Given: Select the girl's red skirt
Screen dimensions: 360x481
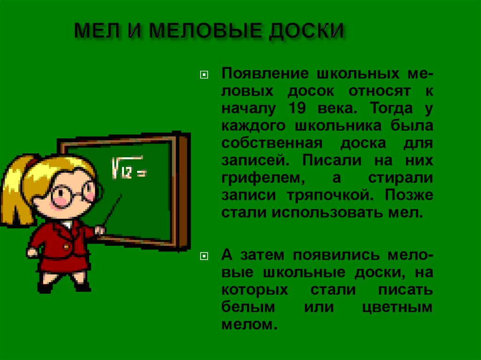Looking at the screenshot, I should [63, 261].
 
